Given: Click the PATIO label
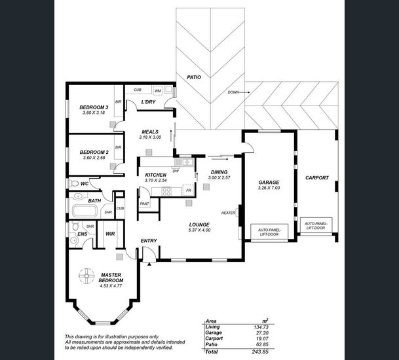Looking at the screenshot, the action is point(194,77).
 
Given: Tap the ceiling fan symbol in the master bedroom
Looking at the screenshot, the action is point(86,276).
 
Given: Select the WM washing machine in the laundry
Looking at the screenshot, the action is point(157,90).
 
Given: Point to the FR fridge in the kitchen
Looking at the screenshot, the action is point(188,190).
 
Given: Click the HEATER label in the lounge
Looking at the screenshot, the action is point(228,213).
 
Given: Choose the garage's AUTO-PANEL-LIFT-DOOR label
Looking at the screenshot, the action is point(269,232).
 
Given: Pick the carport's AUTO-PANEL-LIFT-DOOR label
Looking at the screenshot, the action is point(316,226).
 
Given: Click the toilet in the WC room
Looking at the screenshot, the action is point(74,183).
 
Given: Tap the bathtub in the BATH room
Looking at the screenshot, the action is point(85,211).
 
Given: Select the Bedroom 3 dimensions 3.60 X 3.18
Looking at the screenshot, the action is point(94,113).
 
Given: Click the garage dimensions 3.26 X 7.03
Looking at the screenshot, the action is point(269,188).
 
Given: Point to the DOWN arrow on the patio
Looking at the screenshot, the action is point(244,92).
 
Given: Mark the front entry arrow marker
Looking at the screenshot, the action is point(149,264).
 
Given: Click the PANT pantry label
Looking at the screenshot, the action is point(145,204).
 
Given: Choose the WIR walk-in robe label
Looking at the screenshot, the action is point(110,234).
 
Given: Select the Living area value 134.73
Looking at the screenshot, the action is point(261,327).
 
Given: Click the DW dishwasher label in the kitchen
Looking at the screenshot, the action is point(176,171).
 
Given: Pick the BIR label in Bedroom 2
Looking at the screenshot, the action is point(118,147).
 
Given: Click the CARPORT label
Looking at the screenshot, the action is point(317,178).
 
